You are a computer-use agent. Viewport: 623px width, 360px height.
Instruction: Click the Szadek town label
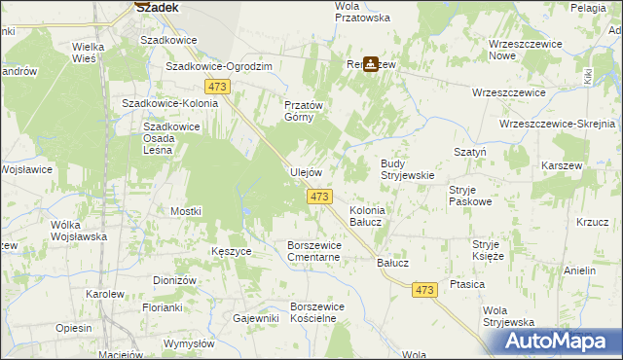click(x=156, y=6)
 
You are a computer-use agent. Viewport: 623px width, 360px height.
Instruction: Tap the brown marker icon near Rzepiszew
click(x=371, y=65)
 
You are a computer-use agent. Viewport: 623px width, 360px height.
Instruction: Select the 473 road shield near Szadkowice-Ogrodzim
click(x=218, y=88)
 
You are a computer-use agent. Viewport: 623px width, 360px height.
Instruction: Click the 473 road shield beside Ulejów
click(x=319, y=198)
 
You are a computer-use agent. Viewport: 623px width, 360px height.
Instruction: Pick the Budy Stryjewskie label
click(x=406, y=169)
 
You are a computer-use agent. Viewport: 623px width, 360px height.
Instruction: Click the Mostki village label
click(x=185, y=211)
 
